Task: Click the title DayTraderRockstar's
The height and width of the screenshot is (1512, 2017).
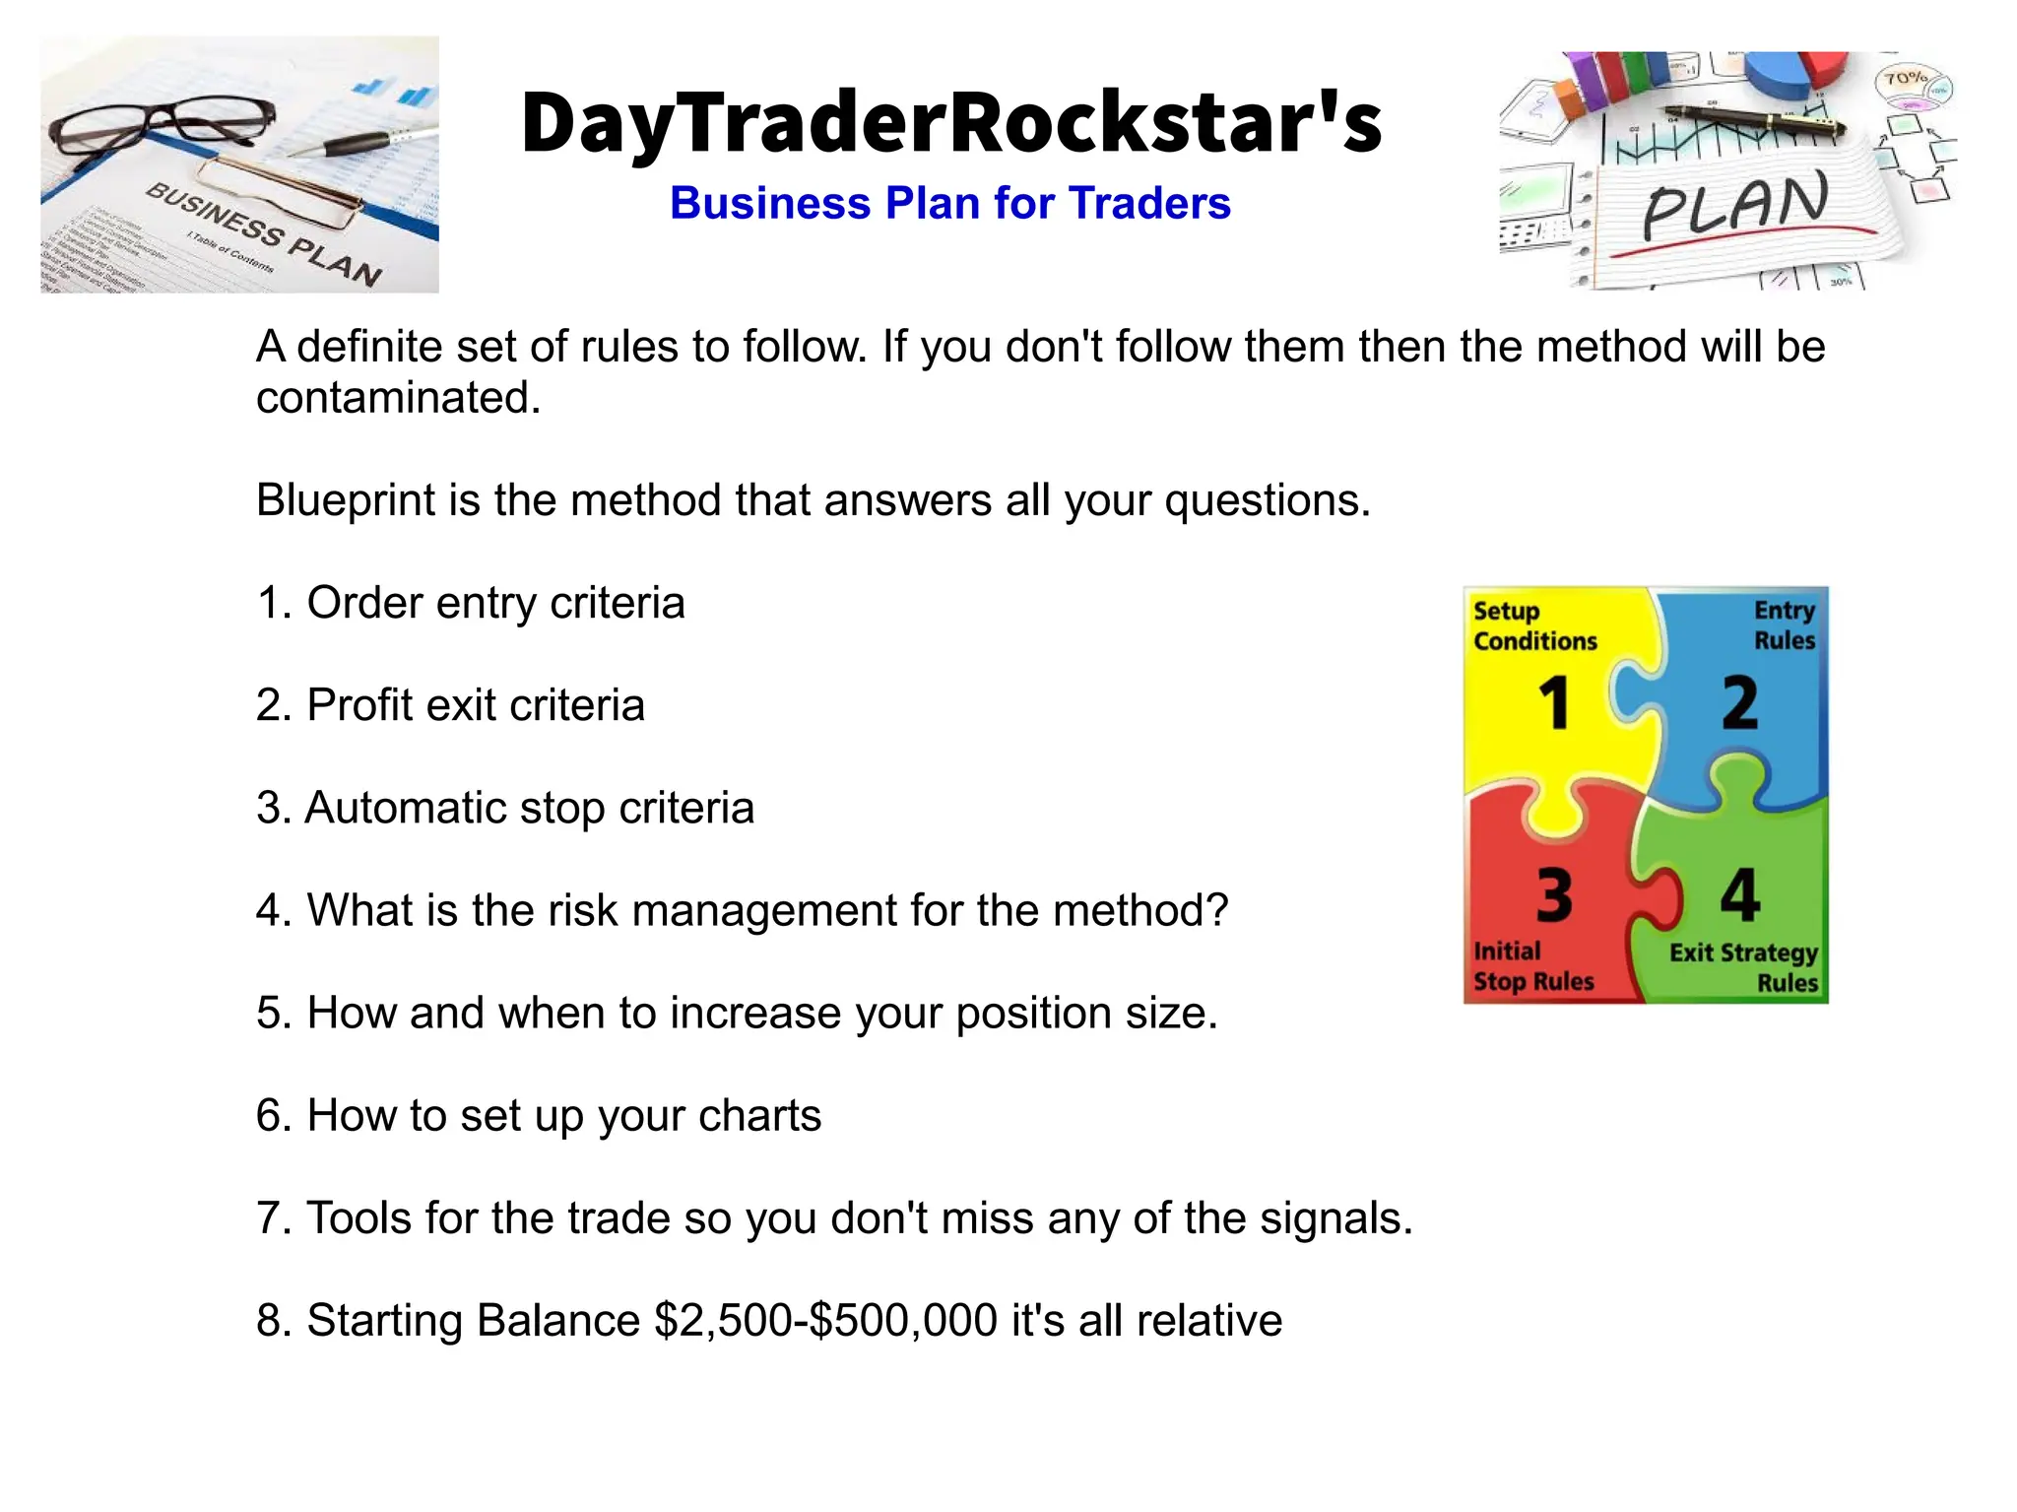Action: pyautogui.click(x=951, y=124)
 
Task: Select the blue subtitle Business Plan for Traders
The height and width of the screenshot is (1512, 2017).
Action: pyautogui.click(x=949, y=204)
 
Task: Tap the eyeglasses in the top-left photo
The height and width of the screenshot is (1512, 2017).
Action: pyautogui.click(x=163, y=128)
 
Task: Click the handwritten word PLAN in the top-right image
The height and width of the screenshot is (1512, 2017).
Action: pyautogui.click(x=1735, y=205)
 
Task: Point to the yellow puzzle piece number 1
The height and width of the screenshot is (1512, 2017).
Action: pyautogui.click(x=1555, y=703)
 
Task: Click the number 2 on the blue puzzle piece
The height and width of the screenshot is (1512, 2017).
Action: pyautogui.click(x=1739, y=703)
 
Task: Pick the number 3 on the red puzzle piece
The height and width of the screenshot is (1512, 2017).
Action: pyautogui.click(x=1555, y=895)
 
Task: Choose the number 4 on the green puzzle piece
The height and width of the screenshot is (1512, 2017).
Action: pyautogui.click(x=1739, y=895)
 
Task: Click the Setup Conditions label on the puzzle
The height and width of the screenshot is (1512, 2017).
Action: pyautogui.click(x=1534, y=626)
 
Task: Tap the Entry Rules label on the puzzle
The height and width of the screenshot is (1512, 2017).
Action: pyautogui.click(x=1784, y=625)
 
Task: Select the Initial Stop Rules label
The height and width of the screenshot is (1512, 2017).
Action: pyautogui.click(x=1532, y=966)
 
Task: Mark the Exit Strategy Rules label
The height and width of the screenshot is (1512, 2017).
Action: pyautogui.click(x=1744, y=967)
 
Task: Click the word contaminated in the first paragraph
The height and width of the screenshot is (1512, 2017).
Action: pyautogui.click(x=398, y=398)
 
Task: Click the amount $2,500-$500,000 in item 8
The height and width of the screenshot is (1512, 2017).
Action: pyautogui.click(x=825, y=1321)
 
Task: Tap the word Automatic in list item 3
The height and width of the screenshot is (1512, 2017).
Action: pyautogui.click(x=405, y=808)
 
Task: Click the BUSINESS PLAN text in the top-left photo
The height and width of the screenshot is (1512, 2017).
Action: pyautogui.click(x=263, y=234)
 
